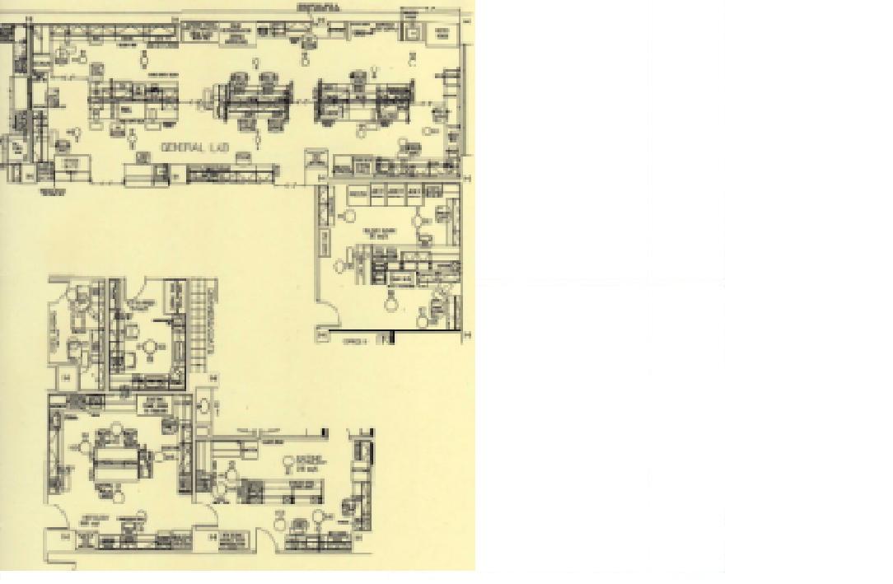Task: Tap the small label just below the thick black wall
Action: point(354,340)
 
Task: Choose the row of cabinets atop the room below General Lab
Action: point(387,193)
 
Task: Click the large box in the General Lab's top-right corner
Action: point(444,33)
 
